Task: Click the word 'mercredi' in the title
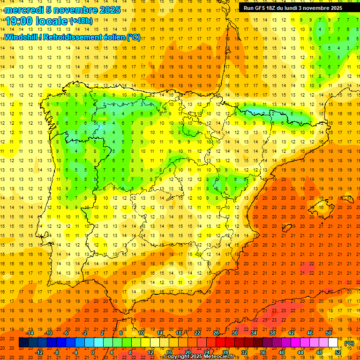coord(24,10)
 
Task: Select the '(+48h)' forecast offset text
coord(81,21)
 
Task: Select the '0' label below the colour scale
coord(93,352)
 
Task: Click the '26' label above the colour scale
coord(216,333)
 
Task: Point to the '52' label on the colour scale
coord(338,352)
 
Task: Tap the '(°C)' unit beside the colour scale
coord(349,343)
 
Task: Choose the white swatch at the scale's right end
coord(333,343)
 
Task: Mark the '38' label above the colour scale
coord(272,333)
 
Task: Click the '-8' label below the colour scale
coord(57,352)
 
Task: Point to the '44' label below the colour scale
coord(300,352)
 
